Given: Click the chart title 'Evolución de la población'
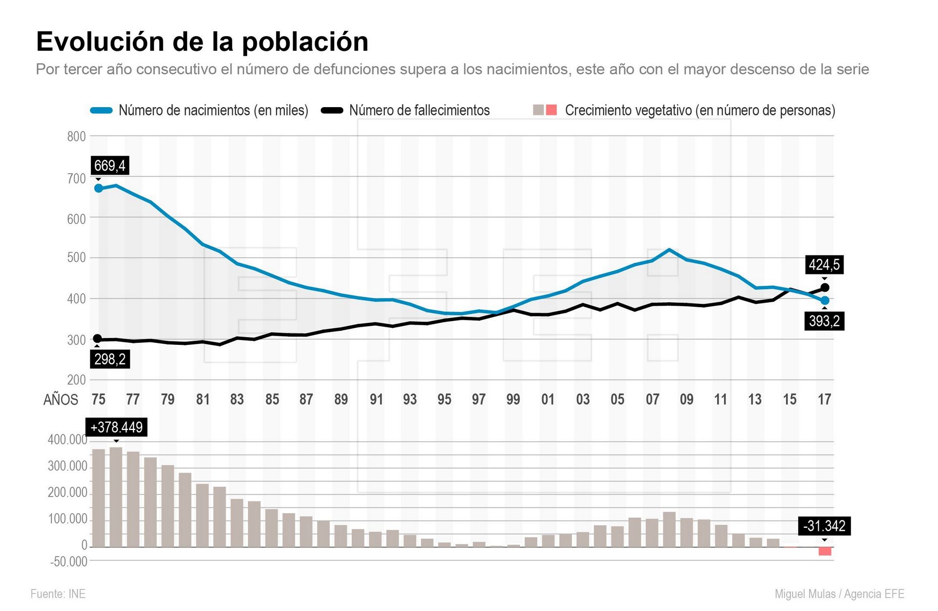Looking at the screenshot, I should click(x=202, y=42).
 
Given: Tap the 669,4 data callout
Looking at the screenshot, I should click(x=109, y=166).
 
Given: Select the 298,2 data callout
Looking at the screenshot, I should click(x=110, y=360).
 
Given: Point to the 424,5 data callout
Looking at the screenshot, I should click(x=824, y=265).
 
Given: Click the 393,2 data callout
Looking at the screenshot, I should click(x=824, y=321).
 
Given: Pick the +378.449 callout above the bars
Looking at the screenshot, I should click(x=116, y=428).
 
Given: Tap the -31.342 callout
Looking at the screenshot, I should click(x=824, y=526).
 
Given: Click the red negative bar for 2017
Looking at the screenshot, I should click(x=825, y=551).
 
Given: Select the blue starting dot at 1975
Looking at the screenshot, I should click(x=98, y=188).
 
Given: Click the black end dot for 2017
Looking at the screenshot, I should click(x=825, y=288).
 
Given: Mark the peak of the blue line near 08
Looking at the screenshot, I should click(x=669, y=250).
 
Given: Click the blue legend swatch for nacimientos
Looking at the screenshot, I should click(x=102, y=111).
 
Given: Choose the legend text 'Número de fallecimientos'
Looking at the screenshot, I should click(x=419, y=111).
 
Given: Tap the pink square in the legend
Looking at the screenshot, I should click(x=552, y=110).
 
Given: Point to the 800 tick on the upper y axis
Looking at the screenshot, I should click(x=76, y=136).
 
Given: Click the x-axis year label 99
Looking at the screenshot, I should click(x=513, y=400).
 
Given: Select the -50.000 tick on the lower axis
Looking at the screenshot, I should click(x=69, y=562).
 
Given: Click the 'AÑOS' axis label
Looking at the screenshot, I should click(x=61, y=400).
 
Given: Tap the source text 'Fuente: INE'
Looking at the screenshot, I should click(x=58, y=594).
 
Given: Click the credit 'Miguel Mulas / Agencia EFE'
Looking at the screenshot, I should click(x=839, y=594).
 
